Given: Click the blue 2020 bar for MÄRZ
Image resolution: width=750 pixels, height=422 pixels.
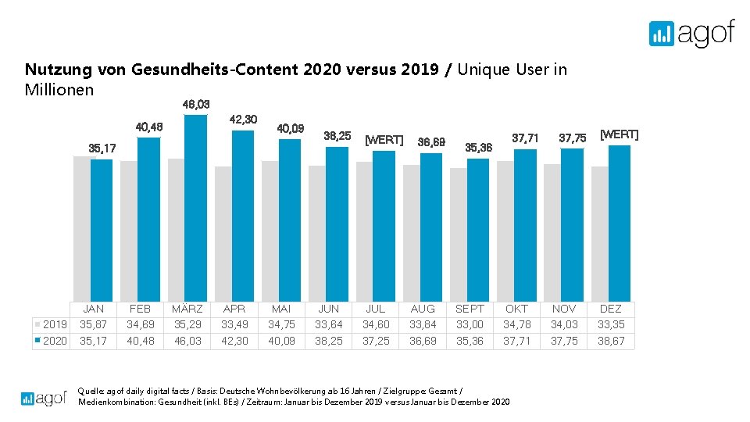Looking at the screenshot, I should point(195,208).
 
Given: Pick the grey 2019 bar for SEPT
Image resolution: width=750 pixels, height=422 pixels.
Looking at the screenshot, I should point(459,234).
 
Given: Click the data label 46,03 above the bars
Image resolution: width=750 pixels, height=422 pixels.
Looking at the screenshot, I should point(196,104).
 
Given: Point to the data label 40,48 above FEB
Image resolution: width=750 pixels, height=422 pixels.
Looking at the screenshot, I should point(149,127).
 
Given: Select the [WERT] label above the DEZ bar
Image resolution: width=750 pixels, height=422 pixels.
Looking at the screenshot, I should point(619,134).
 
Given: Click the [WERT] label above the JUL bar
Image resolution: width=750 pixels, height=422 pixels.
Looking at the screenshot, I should point(384,140).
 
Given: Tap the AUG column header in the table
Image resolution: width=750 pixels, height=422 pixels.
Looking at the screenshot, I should point(423,309).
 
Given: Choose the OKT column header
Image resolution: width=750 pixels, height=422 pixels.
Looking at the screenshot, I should point(516,309).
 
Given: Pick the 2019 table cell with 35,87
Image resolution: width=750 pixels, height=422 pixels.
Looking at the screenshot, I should point(94,324).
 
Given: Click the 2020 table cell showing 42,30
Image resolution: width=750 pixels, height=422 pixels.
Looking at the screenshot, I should point(234,341).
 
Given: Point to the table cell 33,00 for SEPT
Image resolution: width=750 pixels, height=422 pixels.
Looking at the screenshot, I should point(470,324).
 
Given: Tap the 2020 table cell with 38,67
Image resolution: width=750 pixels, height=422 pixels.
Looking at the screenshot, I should point(610,341).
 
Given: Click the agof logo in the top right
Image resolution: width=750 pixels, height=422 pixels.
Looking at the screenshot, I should point(691,34).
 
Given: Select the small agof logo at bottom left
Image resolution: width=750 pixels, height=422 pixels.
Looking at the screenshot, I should point(44,399).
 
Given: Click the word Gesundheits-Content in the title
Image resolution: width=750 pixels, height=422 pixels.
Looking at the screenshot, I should point(215,70).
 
